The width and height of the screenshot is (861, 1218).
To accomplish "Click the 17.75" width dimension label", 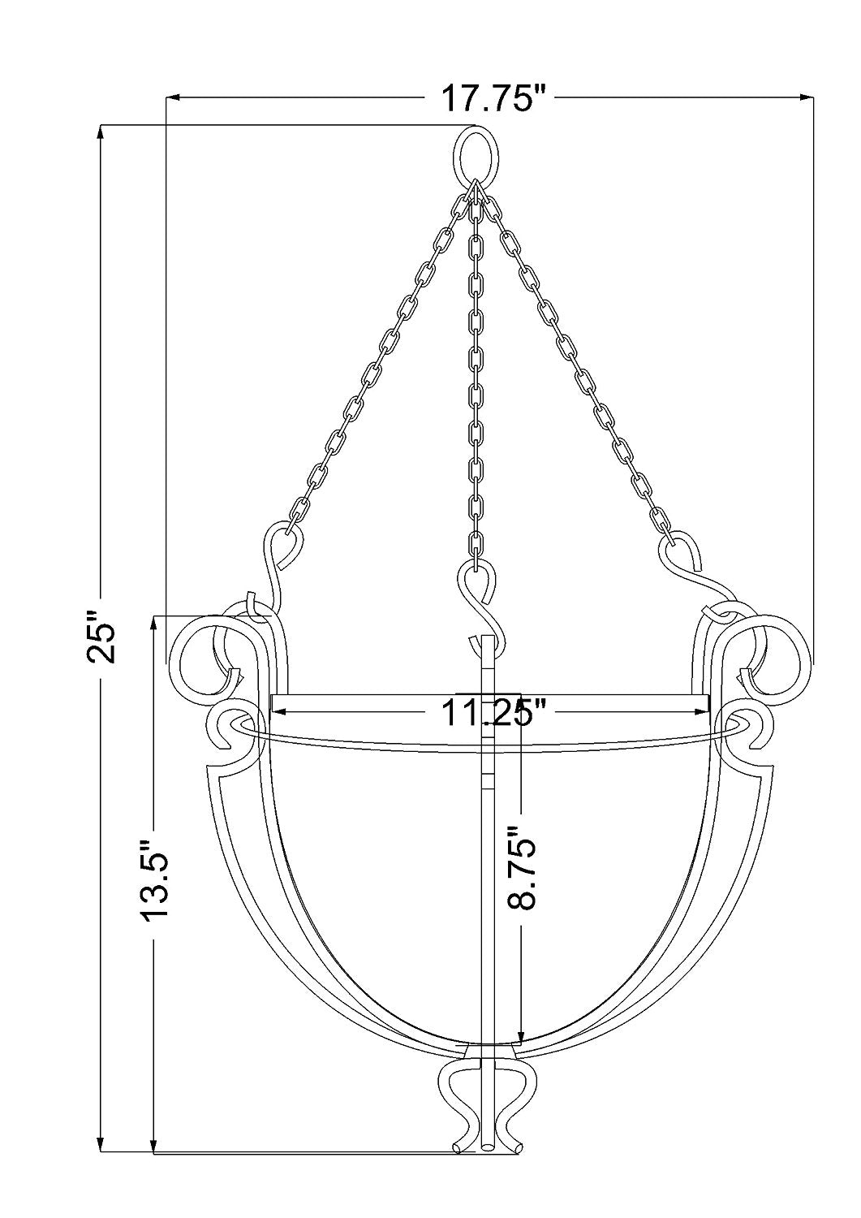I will pyautogui.click(x=490, y=98).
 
